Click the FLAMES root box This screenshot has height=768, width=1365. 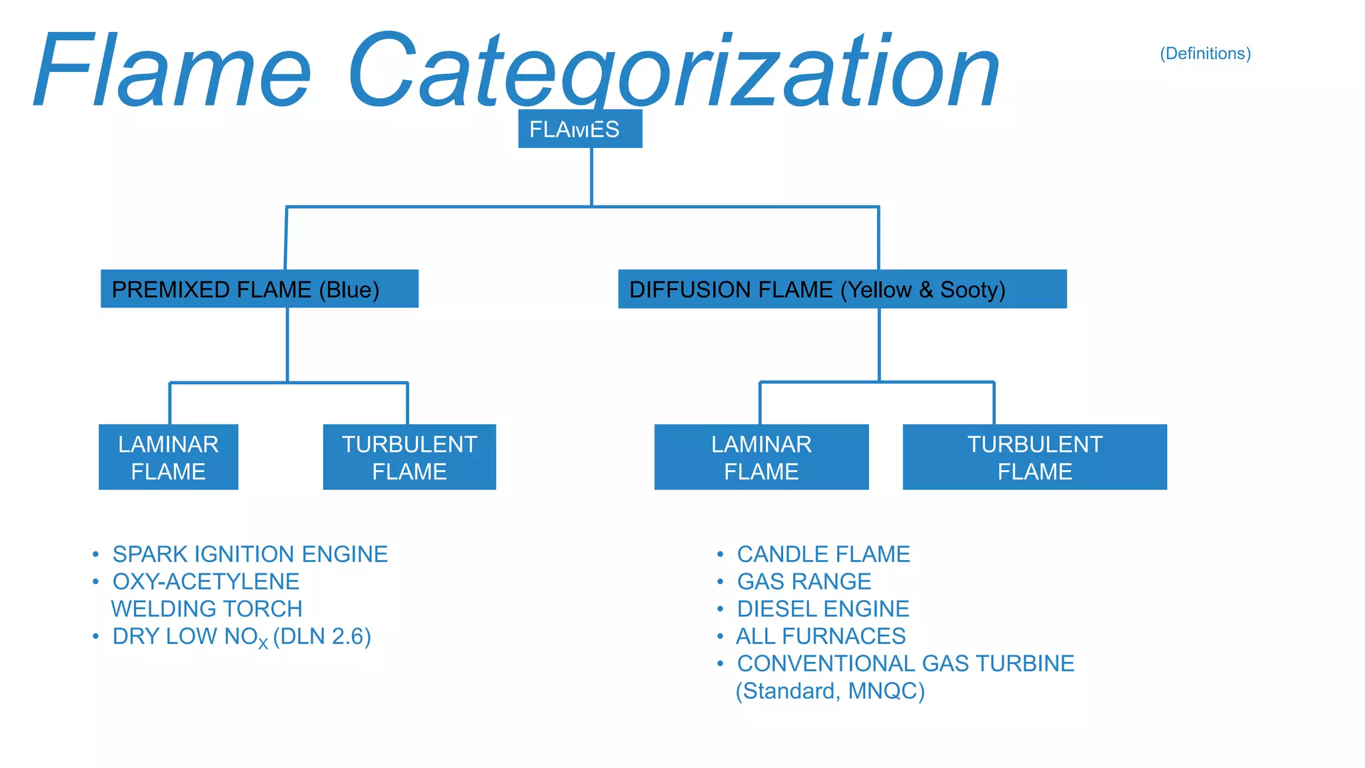[580, 129]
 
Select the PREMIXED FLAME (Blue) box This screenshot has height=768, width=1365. [259, 289]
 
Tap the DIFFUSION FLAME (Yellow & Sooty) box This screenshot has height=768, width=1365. [842, 289]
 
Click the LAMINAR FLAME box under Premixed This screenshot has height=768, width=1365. [168, 457]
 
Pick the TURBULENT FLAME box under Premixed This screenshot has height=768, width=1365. [409, 457]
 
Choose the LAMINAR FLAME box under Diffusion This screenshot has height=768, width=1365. [761, 457]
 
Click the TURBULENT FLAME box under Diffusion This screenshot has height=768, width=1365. [1034, 457]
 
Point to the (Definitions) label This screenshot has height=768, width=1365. [1205, 53]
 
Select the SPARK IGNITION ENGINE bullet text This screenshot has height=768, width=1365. [250, 554]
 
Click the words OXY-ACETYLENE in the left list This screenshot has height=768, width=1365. [206, 581]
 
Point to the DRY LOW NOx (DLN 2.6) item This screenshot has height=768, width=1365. [241, 637]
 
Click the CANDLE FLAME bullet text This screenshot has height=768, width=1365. [823, 554]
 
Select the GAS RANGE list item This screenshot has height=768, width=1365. [804, 581]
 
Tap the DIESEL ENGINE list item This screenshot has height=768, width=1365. [823, 609]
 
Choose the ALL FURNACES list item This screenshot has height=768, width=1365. [820, 636]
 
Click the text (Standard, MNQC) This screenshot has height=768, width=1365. [830, 691]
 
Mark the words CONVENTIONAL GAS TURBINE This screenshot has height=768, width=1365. [905, 663]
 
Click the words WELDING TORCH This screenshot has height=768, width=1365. [207, 609]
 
